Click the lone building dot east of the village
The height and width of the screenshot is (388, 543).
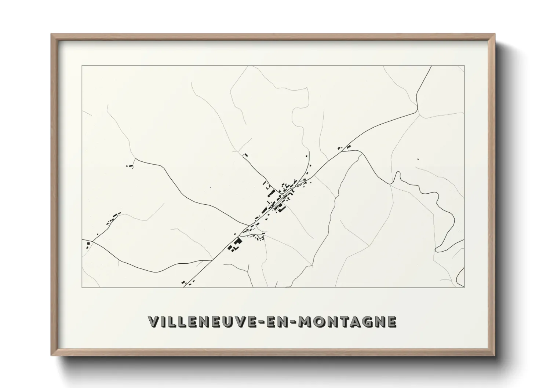(418, 159)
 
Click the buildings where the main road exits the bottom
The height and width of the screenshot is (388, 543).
(187, 282)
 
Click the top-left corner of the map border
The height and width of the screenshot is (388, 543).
(82, 66)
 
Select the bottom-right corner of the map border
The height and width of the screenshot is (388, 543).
(464, 287)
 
